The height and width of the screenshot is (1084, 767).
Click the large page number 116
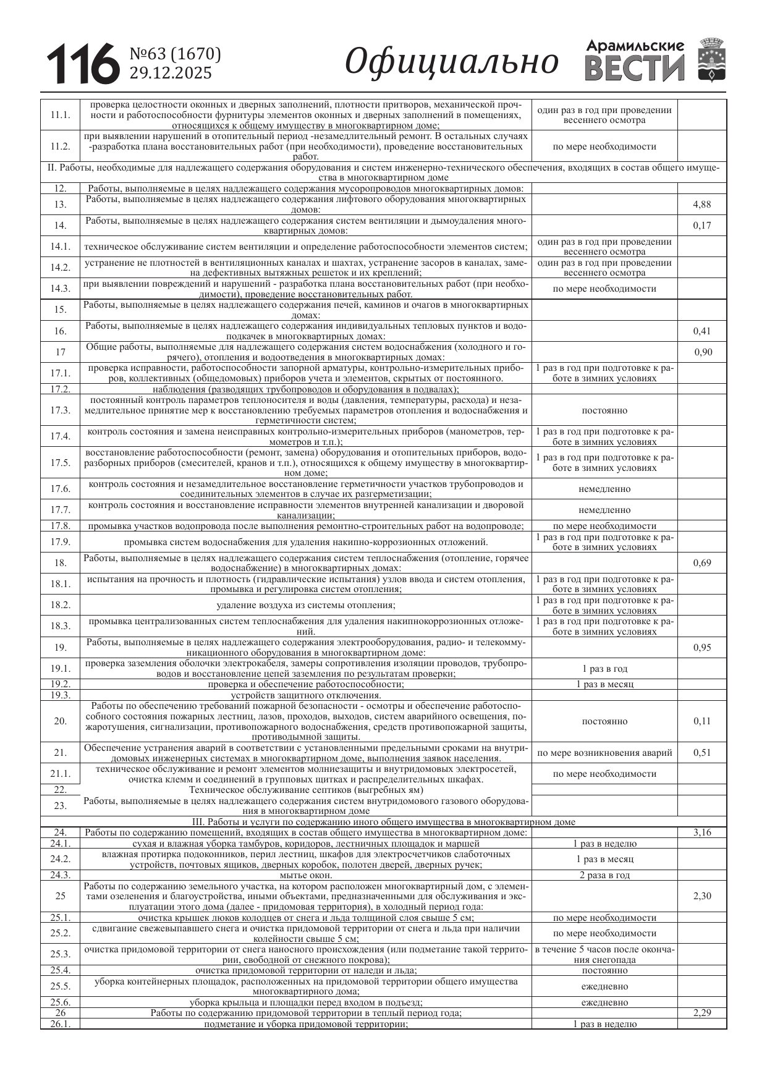82,64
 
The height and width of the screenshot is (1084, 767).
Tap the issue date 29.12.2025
170,73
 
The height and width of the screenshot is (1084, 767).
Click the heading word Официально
451,62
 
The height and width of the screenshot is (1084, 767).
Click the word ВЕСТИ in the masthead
635,68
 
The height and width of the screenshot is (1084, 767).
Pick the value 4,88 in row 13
701,205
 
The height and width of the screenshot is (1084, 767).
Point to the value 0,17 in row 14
701,226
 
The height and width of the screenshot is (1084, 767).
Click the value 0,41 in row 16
701,331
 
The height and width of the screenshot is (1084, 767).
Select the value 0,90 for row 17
703,352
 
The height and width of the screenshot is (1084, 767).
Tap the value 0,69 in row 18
701,563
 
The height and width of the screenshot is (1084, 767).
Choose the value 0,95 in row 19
701,648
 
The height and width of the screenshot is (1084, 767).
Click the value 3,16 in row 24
701,832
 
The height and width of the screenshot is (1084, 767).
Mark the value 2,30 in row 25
701,896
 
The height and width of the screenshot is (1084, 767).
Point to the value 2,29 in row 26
701,1013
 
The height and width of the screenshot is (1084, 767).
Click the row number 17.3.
61,410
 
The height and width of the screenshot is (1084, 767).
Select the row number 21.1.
61,774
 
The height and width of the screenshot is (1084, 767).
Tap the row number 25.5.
61,986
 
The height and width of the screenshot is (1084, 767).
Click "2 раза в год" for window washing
604,875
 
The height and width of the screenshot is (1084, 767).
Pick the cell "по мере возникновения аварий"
604,753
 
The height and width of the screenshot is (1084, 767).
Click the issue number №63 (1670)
175,54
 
